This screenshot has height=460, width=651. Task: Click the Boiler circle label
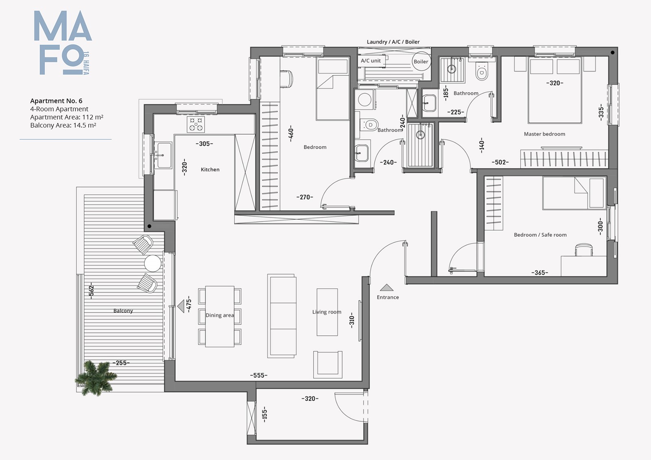421,61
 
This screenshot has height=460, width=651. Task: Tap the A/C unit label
371,61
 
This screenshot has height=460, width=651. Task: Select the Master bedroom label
544,134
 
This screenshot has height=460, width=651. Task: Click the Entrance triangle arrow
387,288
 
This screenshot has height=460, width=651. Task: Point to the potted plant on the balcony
96,377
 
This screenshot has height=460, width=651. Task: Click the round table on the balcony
153,263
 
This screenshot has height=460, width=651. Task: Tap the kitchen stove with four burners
196,124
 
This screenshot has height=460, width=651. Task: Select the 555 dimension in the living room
259,375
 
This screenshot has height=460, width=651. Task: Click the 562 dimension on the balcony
91,290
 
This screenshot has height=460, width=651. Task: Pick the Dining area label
220,315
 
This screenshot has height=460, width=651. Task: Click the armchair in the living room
328,364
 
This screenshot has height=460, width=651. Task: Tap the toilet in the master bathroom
481,71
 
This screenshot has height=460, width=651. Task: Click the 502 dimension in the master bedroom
500,162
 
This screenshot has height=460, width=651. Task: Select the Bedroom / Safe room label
540,235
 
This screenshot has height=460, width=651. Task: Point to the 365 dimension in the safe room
540,273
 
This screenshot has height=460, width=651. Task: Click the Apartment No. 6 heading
56,101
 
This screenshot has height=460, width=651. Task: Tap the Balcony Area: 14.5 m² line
63,125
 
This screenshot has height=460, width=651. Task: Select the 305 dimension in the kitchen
204,144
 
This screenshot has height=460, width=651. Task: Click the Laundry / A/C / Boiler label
393,42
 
